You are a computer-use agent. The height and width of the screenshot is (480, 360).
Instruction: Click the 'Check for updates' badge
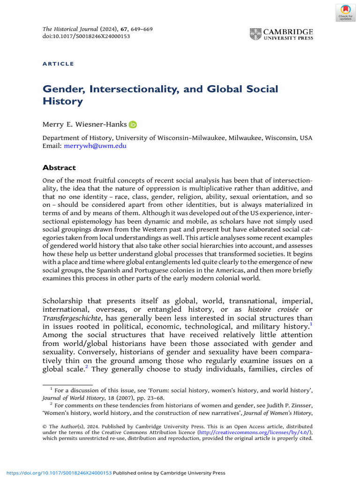[x=345, y=12]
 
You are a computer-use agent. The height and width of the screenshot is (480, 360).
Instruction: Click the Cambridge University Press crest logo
[x=255, y=34]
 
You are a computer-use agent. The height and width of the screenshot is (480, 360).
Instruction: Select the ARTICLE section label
[x=58, y=64]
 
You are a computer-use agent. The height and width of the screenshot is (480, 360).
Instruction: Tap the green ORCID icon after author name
[x=133, y=124]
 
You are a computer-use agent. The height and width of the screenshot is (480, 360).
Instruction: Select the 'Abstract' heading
[x=59, y=167]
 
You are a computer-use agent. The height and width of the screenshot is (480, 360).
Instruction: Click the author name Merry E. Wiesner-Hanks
[x=84, y=124]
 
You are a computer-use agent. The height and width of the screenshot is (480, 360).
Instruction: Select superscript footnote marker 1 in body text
[x=311, y=324]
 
